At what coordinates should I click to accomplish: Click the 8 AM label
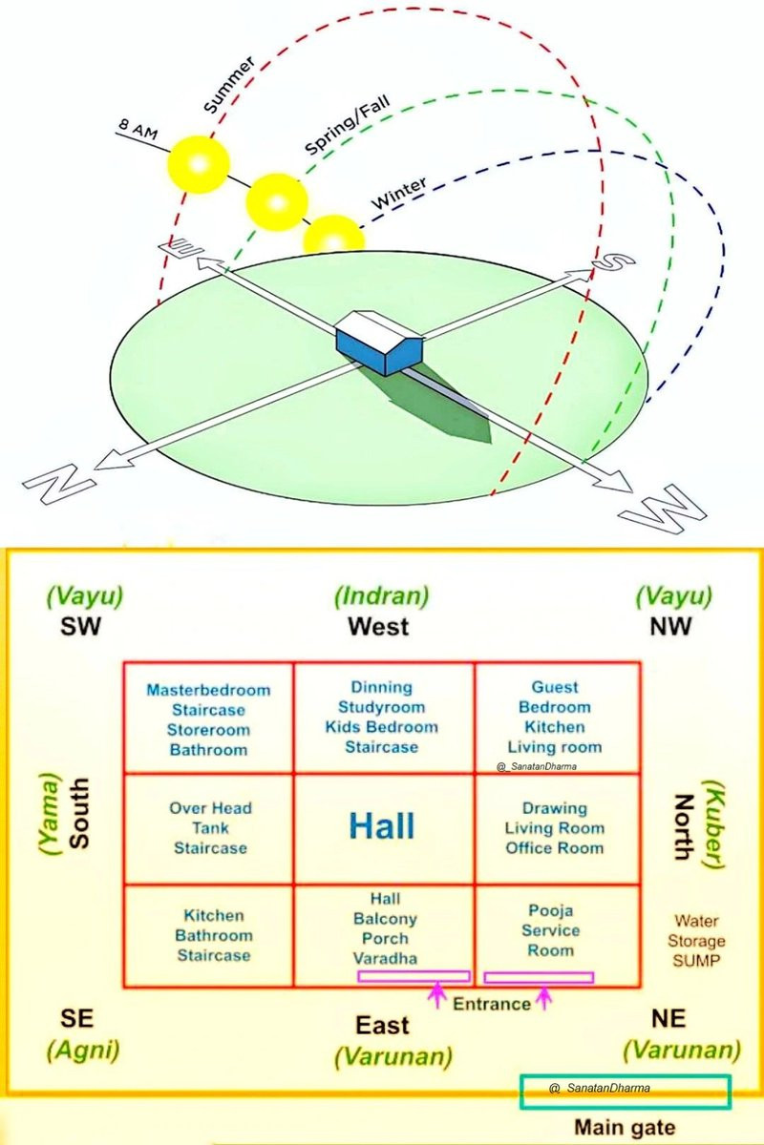click(138, 130)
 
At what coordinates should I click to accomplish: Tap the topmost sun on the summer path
click(199, 164)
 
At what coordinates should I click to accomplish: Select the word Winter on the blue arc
click(399, 194)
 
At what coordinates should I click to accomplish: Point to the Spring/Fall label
click(347, 124)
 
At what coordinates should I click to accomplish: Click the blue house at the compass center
click(379, 342)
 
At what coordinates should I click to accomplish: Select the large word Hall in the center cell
click(382, 826)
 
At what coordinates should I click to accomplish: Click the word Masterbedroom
click(208, 690)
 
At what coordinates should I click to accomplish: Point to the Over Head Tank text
click(210, 818)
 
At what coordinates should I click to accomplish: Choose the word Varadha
click(385, 958)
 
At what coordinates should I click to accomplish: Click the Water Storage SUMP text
click(696, 941)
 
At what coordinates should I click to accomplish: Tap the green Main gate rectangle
click(626, 1093)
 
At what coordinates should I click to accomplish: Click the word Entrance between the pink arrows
click(492, 1004)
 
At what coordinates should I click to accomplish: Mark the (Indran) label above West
click(382, 595)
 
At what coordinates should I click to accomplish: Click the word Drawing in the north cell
click(554, 808)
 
